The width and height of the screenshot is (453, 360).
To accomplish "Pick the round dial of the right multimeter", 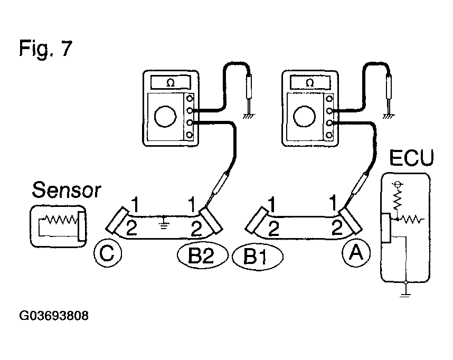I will pyautogui.click(x=305, y=116).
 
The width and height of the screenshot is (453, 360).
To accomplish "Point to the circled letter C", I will pyautogui.click(x=107, y=254).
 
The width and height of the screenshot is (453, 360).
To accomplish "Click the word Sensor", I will pyautogui.click(x=66, y=190).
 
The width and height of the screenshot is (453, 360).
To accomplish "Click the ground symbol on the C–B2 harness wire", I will pyautogui.click(x=165, y=221).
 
